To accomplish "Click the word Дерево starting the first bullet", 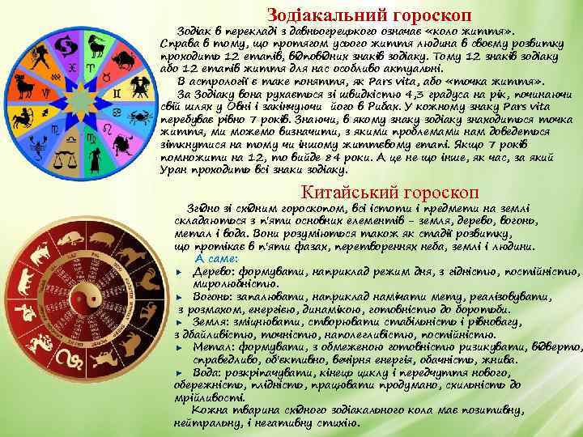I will coord(213,270).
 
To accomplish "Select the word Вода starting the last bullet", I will coord(206,371).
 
